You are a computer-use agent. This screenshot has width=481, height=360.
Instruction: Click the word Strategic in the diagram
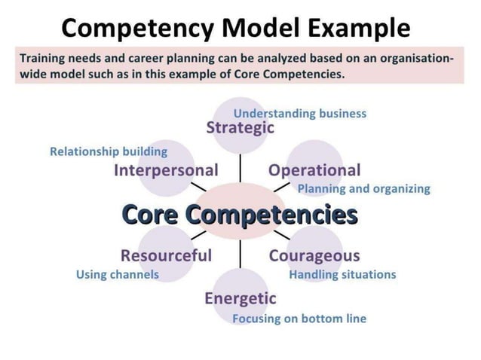pos(240,127)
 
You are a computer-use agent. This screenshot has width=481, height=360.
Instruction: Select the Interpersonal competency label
pos(166,170)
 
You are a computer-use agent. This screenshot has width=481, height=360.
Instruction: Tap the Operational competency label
pos(314,170)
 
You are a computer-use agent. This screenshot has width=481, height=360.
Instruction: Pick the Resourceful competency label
pos(166,255)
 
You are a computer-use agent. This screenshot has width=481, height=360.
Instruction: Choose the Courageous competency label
pos(314,255)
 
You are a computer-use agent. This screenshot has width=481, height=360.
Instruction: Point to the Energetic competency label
pos(240,298)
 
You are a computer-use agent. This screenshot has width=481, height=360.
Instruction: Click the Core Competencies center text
pos(240,214)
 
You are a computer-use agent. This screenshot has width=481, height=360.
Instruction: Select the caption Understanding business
pos(299,114)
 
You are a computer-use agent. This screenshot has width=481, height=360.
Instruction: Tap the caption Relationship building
pos(109,151)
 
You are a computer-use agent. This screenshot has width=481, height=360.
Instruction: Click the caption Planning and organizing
pos(363,188)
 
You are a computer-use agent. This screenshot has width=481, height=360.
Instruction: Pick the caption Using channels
pos(118,274)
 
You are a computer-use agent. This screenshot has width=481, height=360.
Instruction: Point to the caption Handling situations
pos(342,274)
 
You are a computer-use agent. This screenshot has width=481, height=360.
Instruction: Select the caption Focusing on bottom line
pos(299,319)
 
